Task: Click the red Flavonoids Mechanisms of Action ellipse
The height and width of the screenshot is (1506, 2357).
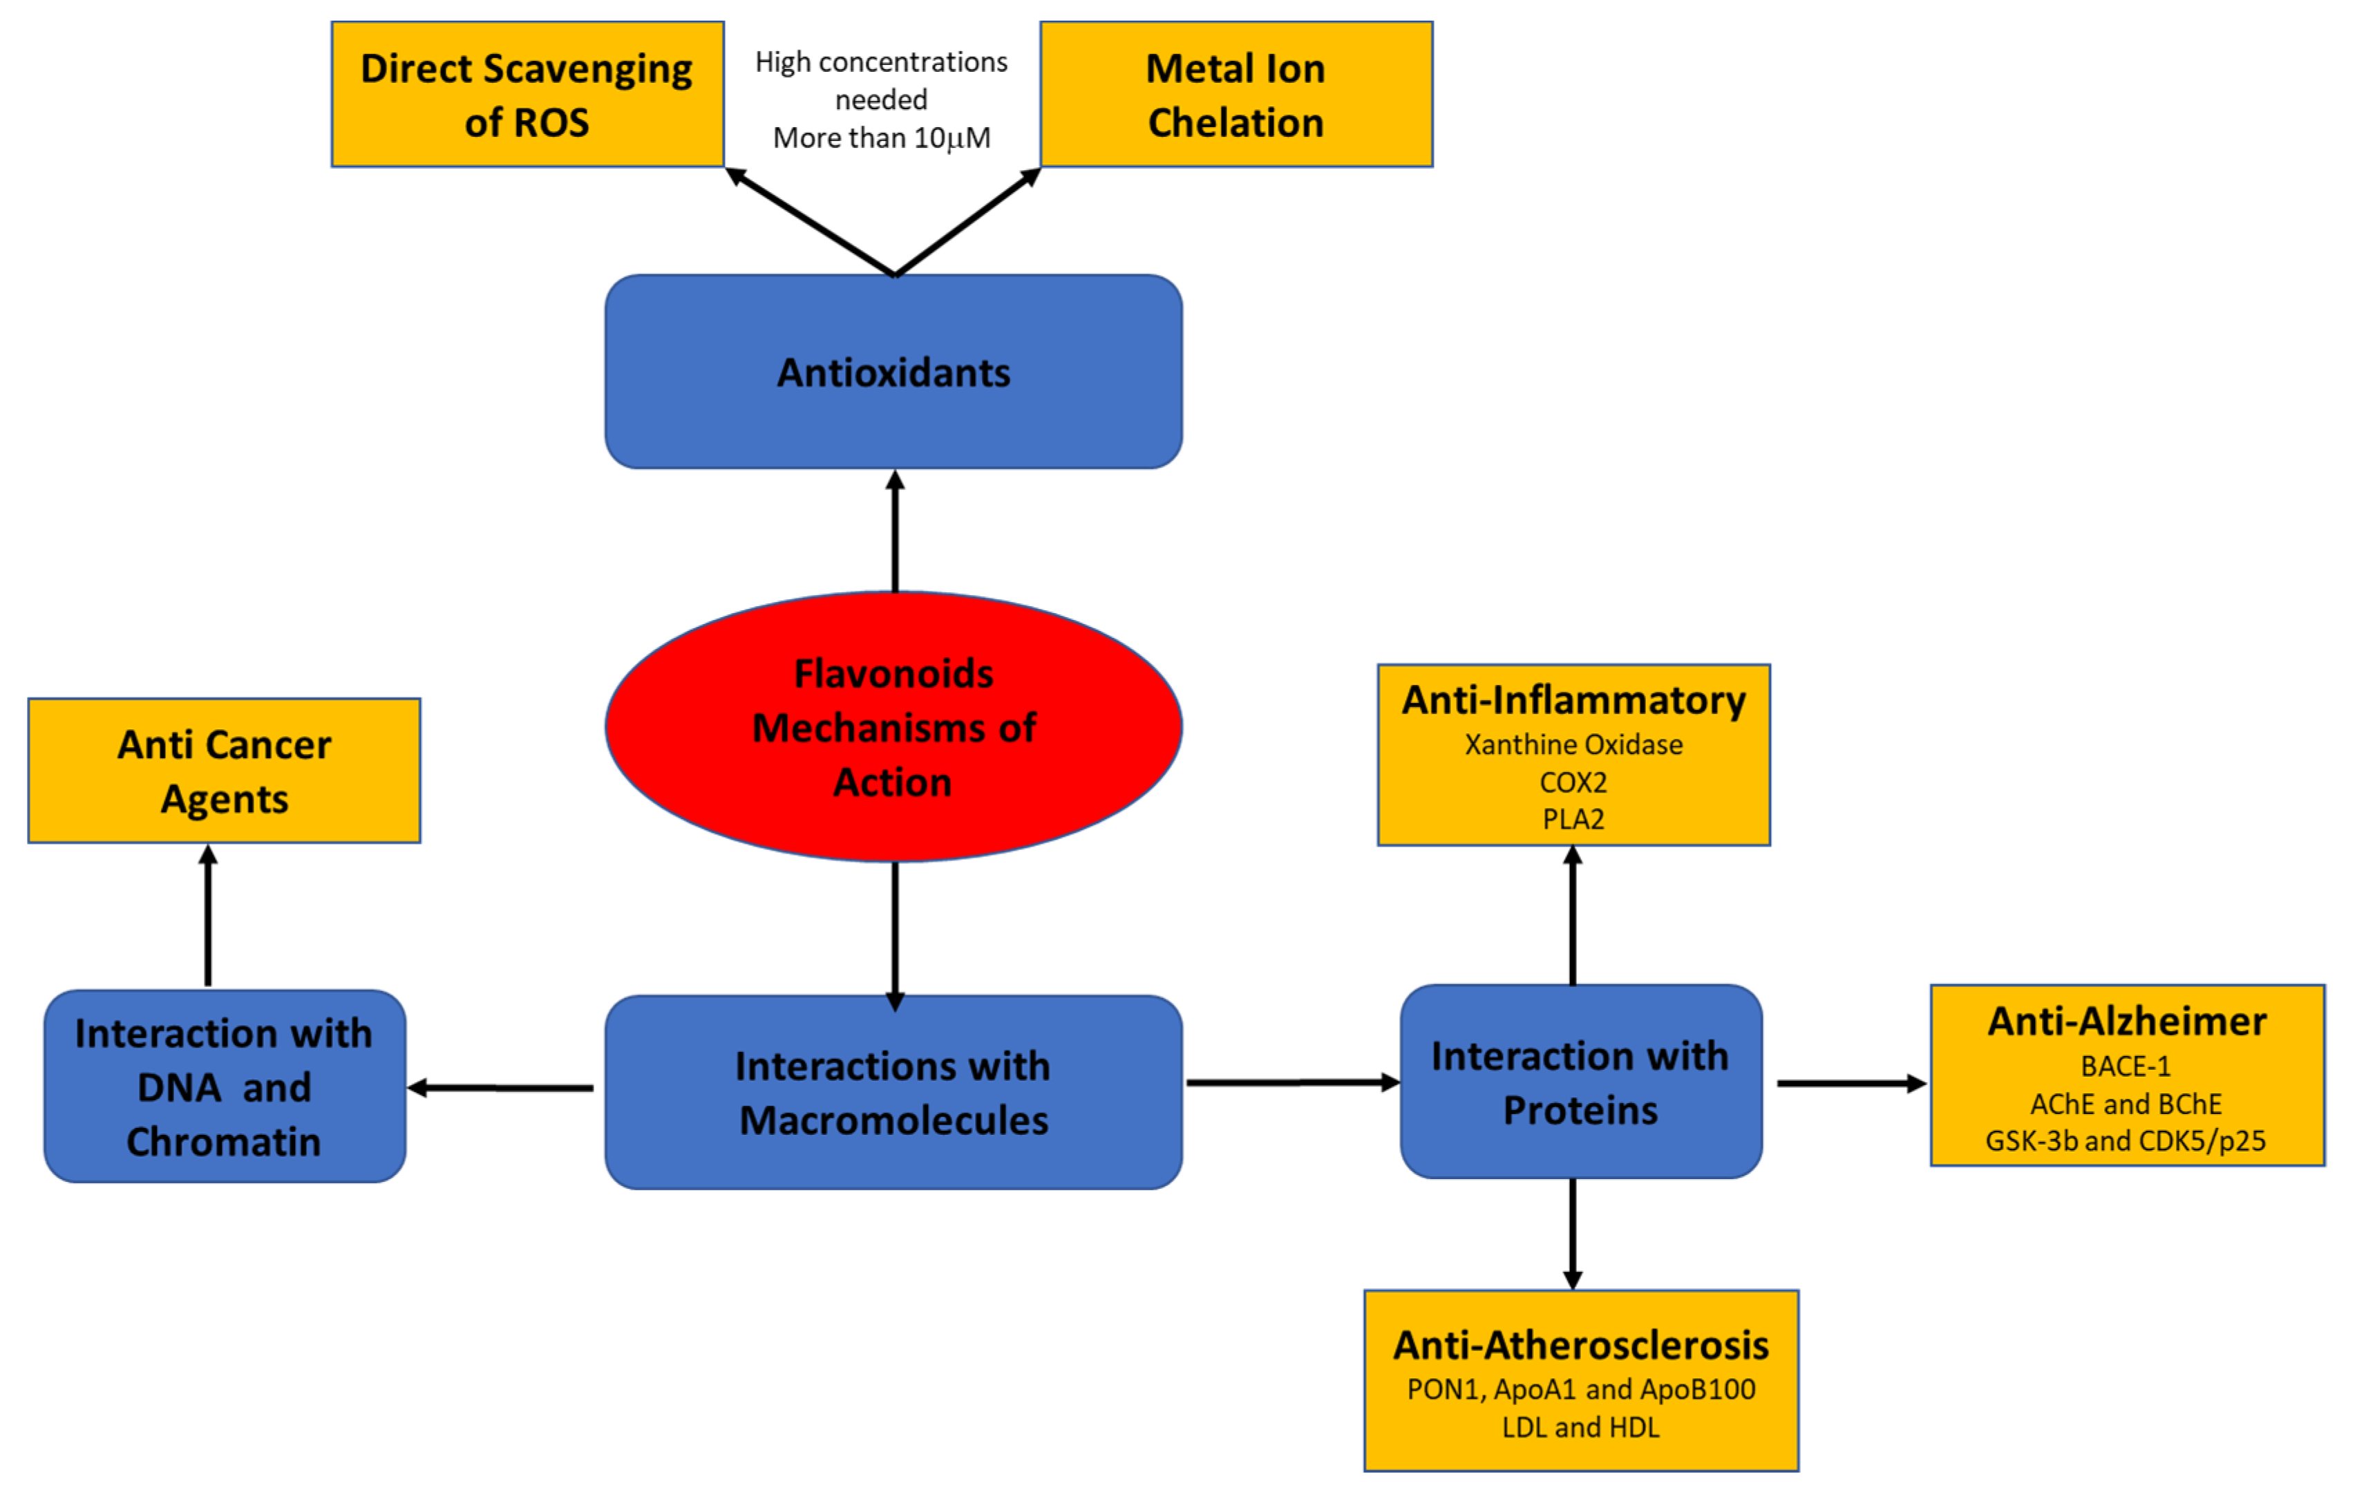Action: pyautogui.click(x=893, y=726)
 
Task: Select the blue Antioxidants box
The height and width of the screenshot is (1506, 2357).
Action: pyautogui.click(x=893, y=372)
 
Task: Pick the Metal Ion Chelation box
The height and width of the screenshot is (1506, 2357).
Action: pyautogui.click(x=1236, y=95)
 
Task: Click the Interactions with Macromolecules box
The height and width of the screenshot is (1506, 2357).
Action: pyautogui.click(x=893, y=1092)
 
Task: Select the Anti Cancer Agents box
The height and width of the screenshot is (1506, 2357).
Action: pyautogui.click(x=224, y=771)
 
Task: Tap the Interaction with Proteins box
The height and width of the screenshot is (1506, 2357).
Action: pyautogui.click(x=1580, y=1082)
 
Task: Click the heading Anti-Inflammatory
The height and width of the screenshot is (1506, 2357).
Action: pyautogui.click(x=1573, y=701)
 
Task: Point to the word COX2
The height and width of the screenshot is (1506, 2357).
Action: pyautogui.click(x=1573, y=782)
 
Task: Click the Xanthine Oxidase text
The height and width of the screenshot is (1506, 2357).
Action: pyautogui.click(x=1573, y=745)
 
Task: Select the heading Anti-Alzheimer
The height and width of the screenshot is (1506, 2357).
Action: pyautogui.click(x=2126, y=1022)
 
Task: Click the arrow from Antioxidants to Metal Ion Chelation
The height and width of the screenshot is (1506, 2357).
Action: pyautogui.click(x=967, y=223)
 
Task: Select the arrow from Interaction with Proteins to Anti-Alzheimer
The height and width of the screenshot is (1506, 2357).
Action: pyautogui.click(x=1850, y=1083)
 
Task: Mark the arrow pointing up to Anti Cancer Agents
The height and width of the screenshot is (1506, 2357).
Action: pyautogui.click(x=207, y=916)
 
